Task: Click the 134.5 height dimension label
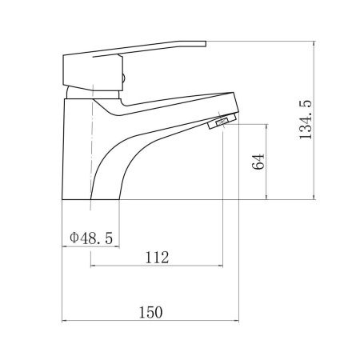pyautogui.click(x=306, y=120)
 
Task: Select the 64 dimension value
pyautogui.click(x=258, y=162)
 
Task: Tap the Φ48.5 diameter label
pyautogui.click(x=91, y=238)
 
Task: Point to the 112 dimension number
pyautogui.click(x=157, y=258)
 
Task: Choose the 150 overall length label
pyautogui.click(x=150, y=312)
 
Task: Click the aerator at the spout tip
pyautogui.click(x=222, y=121)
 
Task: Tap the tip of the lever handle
pyautogui.click(x=206, y=43)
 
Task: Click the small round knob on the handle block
pyautogui.click(x=123, y=78)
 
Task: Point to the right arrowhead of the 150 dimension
pyautogui.click(x=236, y=321)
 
